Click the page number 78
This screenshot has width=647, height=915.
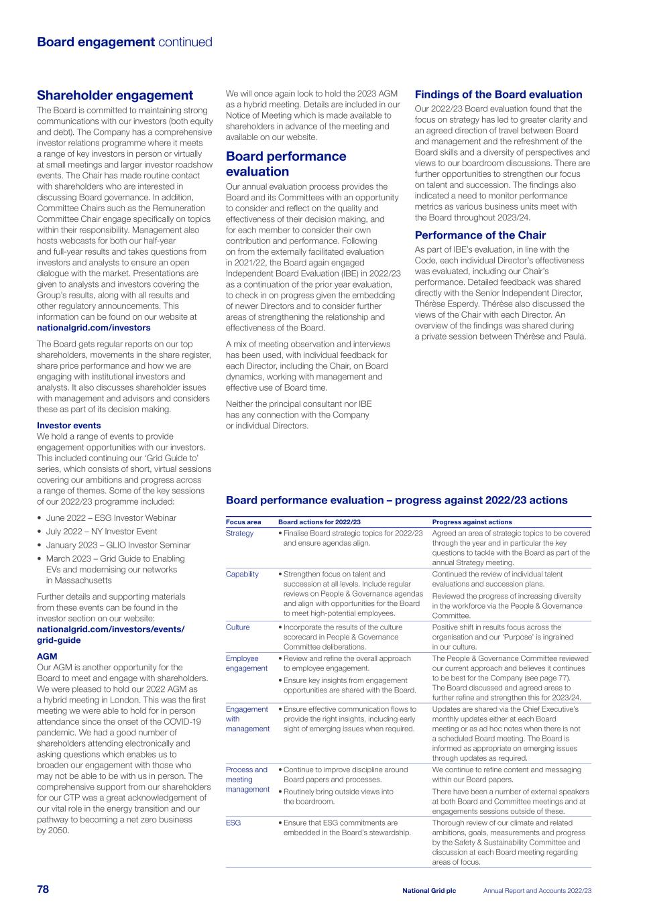point(43,889)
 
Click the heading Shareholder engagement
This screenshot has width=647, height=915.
point(115,95)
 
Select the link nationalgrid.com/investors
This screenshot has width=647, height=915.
point(93,328)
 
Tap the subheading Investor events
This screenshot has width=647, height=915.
point(68,425)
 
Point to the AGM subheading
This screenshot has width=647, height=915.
point(47,656)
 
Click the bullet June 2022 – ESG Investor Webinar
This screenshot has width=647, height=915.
point(111,517)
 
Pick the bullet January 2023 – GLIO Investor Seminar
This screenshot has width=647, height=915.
point(118,545)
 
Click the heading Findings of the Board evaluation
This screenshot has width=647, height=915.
point(498,95)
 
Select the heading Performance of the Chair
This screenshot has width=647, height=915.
point(480,235)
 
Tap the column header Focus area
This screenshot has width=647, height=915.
point(243,522)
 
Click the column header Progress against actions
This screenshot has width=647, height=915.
point(472,522)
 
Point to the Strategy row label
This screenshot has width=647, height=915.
point(239,534)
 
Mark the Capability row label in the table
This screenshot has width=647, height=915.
point(242,574)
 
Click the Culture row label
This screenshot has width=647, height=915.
point(237,627)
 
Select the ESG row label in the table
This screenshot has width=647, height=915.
point(233,822)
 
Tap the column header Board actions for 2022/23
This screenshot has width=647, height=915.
point(319,522)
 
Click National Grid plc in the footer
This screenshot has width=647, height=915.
point(429,891)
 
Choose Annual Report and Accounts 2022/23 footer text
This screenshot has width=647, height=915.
point(537,891)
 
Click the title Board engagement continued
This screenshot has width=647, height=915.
point(124,42)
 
